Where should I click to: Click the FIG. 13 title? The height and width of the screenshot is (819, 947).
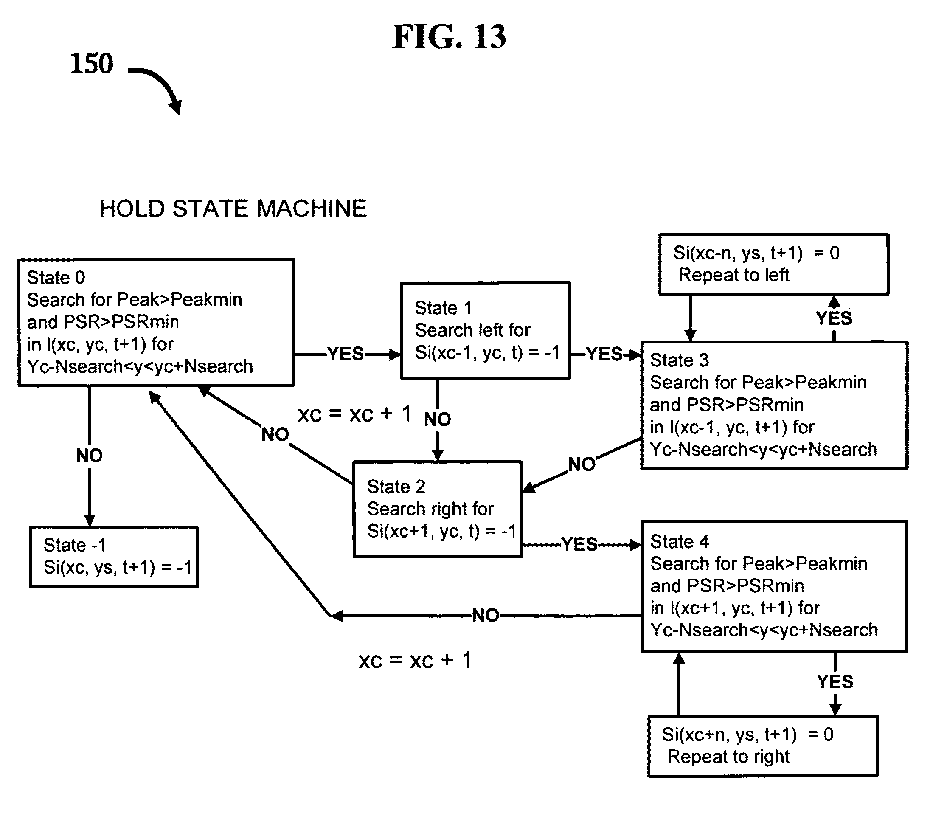(449, 37)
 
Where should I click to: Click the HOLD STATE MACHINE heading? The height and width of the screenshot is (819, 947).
(233, 208)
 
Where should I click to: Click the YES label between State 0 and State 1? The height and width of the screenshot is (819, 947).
(346, 354)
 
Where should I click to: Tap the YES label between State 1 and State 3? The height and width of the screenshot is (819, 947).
(604, 354)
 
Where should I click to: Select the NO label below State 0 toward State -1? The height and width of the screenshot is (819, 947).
(90, 455)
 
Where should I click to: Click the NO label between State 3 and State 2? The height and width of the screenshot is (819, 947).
(582, 464)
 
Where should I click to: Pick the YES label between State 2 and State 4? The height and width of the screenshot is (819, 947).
(579, 544)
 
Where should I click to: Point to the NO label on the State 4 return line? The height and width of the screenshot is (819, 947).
(486, 615)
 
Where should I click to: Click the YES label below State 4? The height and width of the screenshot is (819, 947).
(835, 682)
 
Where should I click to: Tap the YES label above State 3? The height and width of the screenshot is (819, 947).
(834, 318)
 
